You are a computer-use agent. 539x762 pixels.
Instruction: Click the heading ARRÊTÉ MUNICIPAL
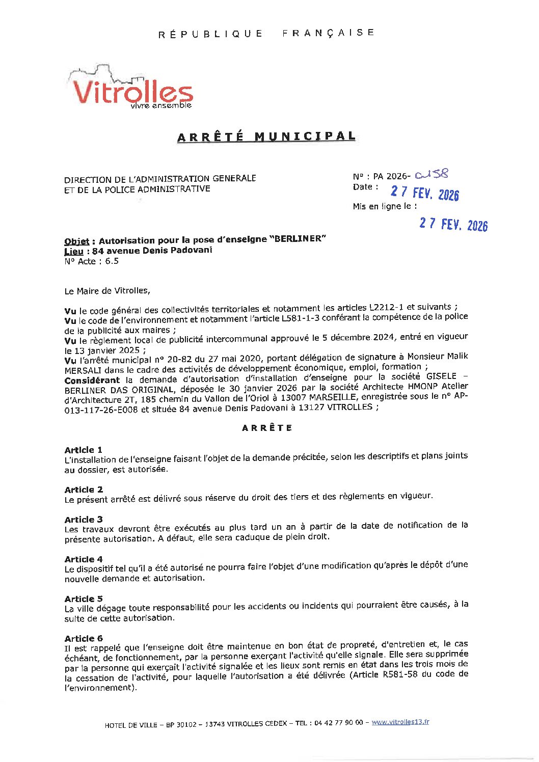point(266,137)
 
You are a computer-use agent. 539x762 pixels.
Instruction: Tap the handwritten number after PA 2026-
point(432,174)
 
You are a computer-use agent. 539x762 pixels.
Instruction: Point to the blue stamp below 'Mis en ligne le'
point(453,225)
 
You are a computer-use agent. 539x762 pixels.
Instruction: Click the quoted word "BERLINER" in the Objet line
point(300,239)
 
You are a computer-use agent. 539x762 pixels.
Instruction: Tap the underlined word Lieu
point(73,251)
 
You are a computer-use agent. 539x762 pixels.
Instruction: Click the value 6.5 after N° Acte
point(112,261)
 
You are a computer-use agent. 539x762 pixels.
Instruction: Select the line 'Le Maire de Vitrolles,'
point(107,291)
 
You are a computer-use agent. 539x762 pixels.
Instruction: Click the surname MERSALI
point(85,370)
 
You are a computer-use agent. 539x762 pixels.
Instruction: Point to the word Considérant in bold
point(92,380)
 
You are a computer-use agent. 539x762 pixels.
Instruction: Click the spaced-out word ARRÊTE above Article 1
point(267,428)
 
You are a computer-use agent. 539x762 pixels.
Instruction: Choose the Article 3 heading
point(84,520)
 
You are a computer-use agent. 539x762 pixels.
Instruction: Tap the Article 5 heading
point(84,599)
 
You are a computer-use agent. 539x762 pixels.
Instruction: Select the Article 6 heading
point(84,639)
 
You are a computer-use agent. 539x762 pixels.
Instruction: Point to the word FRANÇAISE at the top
point(328,33)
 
